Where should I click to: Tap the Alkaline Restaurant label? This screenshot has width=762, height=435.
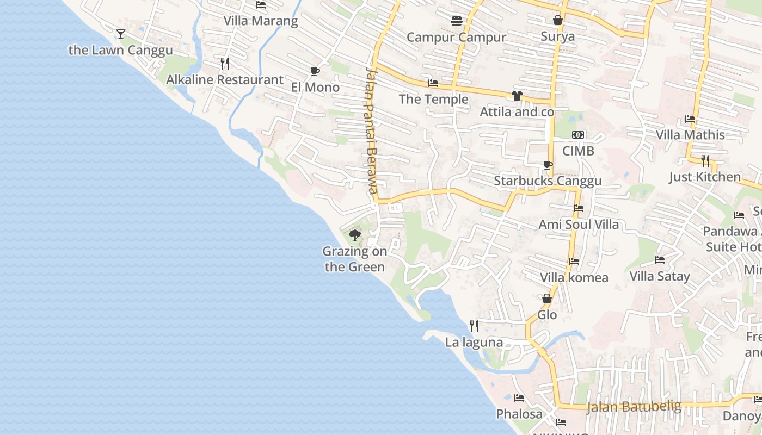(224, 80)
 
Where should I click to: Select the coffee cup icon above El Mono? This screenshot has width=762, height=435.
(315, 71)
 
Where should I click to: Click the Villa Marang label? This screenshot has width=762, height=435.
(261, 21)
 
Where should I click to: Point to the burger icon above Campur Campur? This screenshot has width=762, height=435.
(456, 21)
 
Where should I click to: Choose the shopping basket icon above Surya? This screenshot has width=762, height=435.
(557, 21)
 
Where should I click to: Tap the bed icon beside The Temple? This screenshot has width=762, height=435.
(433, 83)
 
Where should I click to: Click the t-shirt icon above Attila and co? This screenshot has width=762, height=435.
(517, 96)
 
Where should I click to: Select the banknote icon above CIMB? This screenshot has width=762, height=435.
(578, 135)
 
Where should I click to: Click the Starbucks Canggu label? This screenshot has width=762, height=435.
(548, 181)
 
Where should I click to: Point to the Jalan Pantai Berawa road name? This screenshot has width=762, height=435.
(372, 130)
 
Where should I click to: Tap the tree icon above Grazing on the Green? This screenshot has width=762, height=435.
(355, 235)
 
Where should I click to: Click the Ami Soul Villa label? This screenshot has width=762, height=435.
(579, 225)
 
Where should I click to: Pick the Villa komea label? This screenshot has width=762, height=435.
(574, 278)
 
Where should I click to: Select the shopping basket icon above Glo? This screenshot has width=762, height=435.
(547, 299)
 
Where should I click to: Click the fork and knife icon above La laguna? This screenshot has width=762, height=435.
(474, 326)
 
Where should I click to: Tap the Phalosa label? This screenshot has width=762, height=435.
(519, 414)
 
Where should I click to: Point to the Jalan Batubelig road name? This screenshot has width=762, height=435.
(634, 407)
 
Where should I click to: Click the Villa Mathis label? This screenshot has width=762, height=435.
(690, 135)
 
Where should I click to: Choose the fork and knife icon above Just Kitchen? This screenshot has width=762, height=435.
(705, 160)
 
